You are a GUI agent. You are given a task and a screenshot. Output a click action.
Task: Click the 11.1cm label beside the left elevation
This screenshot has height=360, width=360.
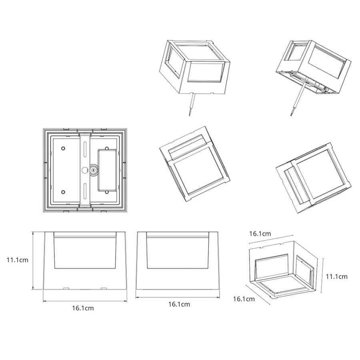coord(18,260)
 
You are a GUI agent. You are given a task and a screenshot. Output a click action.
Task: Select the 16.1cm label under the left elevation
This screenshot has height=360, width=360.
coord(83,308)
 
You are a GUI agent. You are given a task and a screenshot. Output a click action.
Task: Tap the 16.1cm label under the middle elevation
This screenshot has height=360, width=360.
coord(179,304)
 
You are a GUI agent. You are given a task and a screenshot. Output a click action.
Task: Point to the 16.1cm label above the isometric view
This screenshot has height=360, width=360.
coord(260,234)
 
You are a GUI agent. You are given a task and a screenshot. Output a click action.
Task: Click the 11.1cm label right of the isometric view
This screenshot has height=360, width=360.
coord(336,276)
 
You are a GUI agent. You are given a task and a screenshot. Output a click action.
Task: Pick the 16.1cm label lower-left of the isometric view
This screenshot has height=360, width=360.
coord(244,299)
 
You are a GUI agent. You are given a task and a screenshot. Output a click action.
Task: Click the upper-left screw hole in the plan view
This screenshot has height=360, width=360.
coord(63,148)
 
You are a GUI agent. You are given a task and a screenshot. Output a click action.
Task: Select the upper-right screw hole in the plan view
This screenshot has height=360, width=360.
coord(107,148)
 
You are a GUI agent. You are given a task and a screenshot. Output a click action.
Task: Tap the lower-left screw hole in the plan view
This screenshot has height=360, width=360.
coord(63,192)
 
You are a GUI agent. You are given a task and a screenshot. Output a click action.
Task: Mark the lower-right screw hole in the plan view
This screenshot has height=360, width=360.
coord(107,192)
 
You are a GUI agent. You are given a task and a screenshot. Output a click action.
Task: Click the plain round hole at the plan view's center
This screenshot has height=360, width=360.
coord(85,170)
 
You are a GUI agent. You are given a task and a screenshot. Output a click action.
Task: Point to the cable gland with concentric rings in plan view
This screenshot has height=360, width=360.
coord(94,170)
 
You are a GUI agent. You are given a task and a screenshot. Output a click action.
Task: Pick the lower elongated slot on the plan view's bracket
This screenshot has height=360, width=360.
coord(85,191)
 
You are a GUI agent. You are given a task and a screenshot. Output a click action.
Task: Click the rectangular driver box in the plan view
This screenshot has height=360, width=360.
coord(107,170)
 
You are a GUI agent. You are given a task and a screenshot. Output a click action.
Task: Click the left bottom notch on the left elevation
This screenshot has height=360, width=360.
coord(66,288)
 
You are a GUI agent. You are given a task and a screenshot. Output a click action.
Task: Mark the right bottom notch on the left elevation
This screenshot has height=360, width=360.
coord(104,288)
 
